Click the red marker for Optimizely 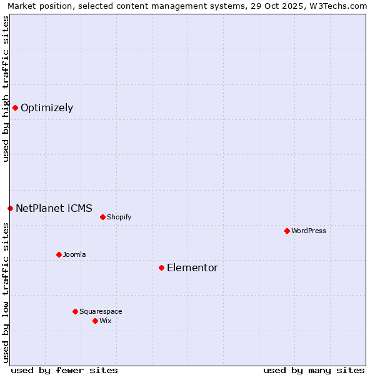click(x=15, y=107)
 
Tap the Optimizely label click(x=47, y=108)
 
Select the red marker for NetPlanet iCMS click(x=10, y=208)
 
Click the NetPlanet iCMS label click(x=54, y=209)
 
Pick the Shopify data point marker click(x=102, y=217)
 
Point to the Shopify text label click(x=119, y=217)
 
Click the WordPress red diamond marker click(x=287, y=231)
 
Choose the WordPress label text click(x=309, y=231)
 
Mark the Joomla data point click(x=59, y=254)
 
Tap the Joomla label click(x=74, y=255)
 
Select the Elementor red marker click(x=161, y=267)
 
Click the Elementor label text click(x=192, y=268)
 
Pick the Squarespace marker click(x=75, y=311)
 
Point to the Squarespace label click(x=101, y=312)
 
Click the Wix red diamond click(x=95, y=321)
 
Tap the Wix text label click(x=106, y=321)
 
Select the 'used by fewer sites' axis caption click(x=64, y=370)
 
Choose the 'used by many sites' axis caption click(x=314, y=370)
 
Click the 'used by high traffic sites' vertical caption click(x=6, y=89)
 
